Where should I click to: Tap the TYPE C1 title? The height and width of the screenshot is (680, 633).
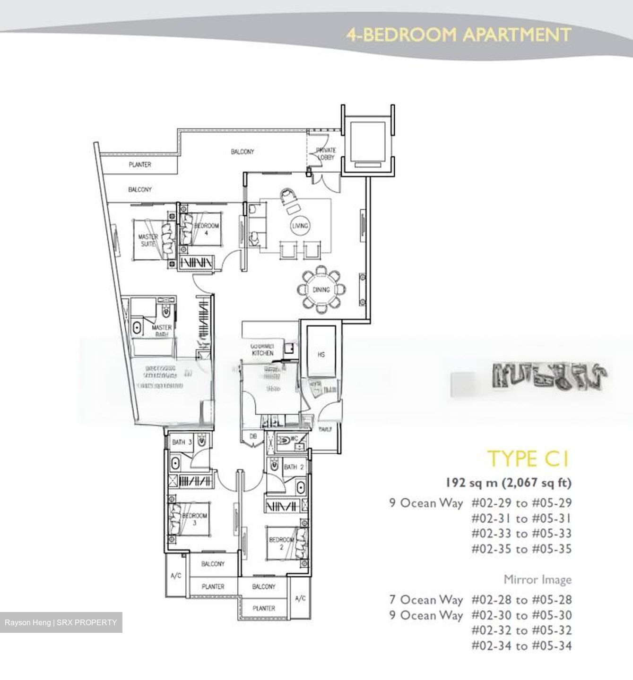pos(528,459)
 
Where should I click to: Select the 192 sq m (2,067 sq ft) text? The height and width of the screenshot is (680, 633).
pos(508,483)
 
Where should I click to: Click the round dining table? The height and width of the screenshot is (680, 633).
pos(321,289)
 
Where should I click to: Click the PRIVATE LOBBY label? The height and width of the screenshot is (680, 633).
pos(326,153)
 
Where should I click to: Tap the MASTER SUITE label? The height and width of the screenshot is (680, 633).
pos(148,240)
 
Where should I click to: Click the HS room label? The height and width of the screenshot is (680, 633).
pos(321,354)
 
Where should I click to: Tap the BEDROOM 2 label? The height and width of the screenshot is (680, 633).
pos(281,543)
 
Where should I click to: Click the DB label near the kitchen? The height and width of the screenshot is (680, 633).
pos(253,437)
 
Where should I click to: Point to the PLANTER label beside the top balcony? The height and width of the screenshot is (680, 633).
pos(140,165)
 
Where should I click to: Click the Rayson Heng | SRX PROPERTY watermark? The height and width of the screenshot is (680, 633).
pos(61,622)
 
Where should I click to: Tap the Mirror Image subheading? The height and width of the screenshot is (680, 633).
pos(537,579)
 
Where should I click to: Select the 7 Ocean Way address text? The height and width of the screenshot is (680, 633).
pos(426,600)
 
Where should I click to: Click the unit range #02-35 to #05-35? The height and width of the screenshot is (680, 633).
pos(521,549)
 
